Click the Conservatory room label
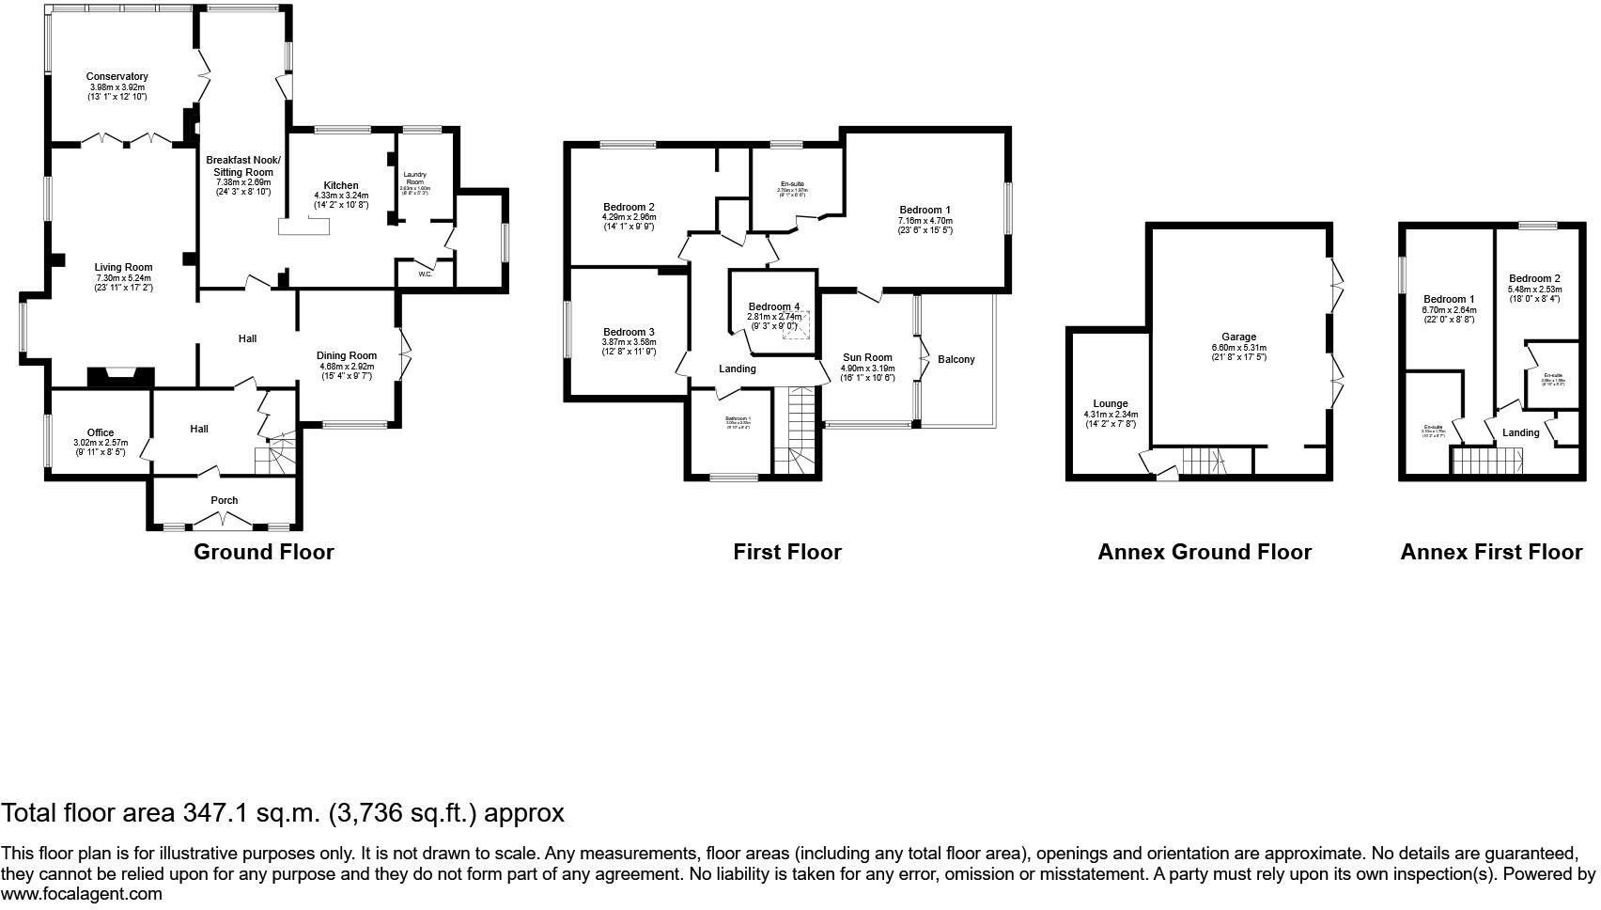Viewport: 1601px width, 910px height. [117, 77]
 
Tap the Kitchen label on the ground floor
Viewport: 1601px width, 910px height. [341, 185]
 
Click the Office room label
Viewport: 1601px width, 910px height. [101, 433]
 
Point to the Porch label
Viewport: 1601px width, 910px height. [224, 500]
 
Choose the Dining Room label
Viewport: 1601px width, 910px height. [347, 356]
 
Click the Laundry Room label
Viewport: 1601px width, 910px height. [415, 178]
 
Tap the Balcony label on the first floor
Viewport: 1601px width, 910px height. [956, 359]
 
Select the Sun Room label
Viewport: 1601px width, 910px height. [867, 357]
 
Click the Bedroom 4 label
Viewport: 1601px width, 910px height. [774, 307]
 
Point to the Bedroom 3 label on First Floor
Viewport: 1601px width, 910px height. [629, 332]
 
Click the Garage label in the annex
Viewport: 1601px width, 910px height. [1238, 337]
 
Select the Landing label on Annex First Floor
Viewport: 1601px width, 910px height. [1520, 432]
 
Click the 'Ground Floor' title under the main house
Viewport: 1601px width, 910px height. [263, 552]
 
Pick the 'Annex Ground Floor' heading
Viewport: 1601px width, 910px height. [1204, 552]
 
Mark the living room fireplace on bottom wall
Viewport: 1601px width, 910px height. [119, 377]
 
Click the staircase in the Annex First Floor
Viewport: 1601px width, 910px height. [1487, 462]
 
